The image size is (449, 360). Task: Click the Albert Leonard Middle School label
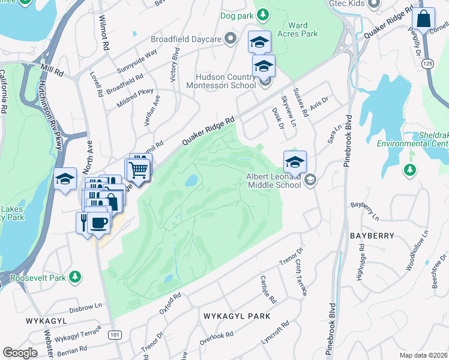tap(273, 181)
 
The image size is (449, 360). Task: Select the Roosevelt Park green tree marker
tap(75, 277)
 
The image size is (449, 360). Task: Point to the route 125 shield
tap(427, 63)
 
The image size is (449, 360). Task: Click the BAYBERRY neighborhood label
tap(372, 236)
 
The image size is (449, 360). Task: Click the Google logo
tap(20, 353)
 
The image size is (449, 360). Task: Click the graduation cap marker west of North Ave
tap(65, 179)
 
